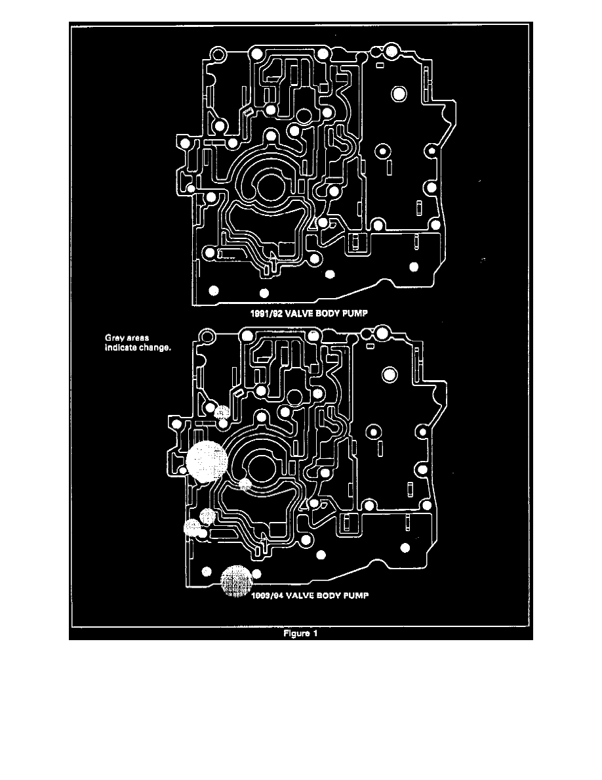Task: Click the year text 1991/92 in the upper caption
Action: (266, 314)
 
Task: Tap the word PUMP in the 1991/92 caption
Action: (353, 314)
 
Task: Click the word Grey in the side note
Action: (115, 339)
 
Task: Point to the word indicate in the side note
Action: (120, 348)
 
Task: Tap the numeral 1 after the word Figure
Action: (315, 634)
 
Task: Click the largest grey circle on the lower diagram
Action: (206, 461)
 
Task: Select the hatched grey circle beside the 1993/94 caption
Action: (235, 581)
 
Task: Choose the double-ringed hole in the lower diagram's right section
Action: (390, 375)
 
